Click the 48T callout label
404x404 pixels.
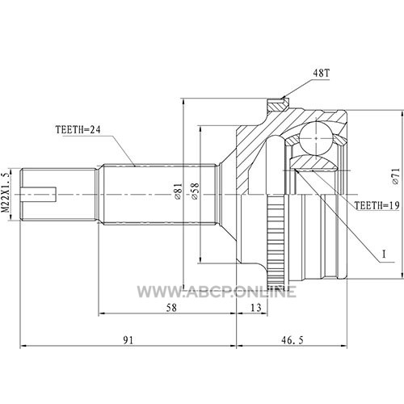pos(321,73)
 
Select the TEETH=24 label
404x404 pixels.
pos(78,130)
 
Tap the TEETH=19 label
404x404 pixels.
pos(377,206)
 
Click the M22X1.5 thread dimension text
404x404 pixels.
pos(6,193)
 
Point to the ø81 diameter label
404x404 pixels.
pos(179,191)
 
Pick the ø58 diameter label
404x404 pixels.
pos(195,191)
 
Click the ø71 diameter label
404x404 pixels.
pos(395,176)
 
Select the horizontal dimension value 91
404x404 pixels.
pos(128,340)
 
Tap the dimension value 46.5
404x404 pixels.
pos(292,340)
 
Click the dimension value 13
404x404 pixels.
pos(256,307)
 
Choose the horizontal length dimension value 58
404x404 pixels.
pos(171,307)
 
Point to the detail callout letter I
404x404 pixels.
pos(384,255)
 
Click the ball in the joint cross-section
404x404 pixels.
pos(316,138)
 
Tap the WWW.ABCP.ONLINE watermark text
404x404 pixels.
pos(217,292)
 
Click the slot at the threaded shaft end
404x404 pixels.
pos(39,195)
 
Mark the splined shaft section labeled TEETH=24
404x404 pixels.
pos(160,194)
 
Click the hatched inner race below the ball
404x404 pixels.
pos(313,163)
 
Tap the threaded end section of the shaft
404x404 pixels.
pos(58,195)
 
